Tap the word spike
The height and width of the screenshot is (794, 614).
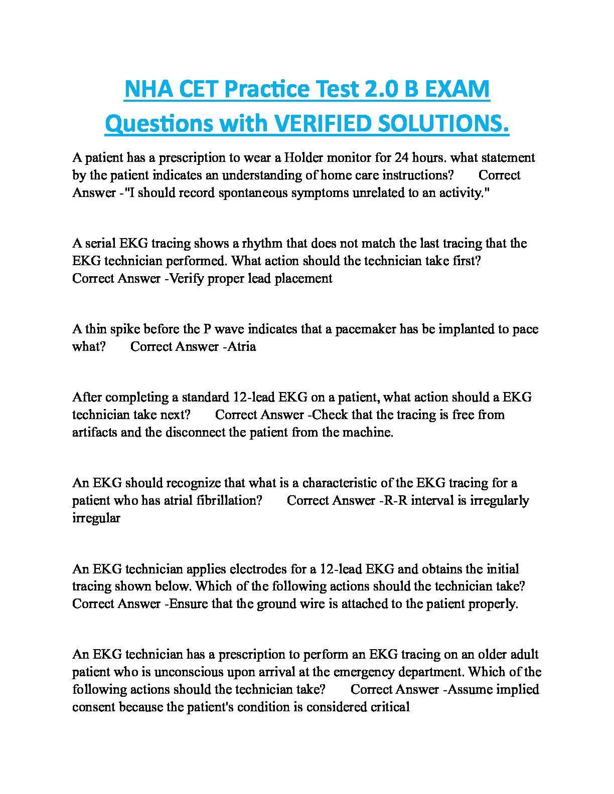124,329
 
